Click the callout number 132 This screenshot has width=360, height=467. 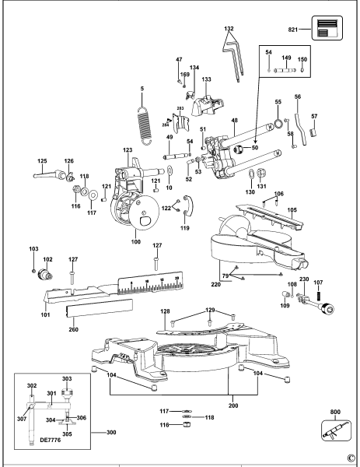click(x=228, y=29)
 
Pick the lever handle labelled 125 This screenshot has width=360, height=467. click(x=46, y=175)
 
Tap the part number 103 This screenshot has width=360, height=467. click(x=33, y=249)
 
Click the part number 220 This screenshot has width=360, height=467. click(x=215, y=285)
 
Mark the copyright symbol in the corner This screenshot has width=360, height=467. click(x=351, y=458)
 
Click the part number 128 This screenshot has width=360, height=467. click(x=165, y=311)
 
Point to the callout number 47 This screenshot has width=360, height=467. click(x=178, y=60)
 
